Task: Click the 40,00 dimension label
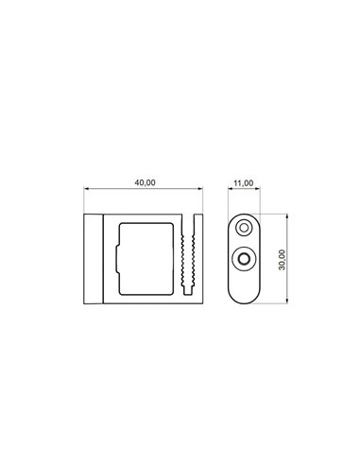pos(145,182)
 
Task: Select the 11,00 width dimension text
pos(244,183)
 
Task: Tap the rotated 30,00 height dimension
pos(282,260)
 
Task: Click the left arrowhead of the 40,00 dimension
pos(86,189)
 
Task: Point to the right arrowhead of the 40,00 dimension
pos(200,189)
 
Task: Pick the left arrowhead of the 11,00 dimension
pos(230,189)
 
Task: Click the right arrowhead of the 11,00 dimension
pos(258,189)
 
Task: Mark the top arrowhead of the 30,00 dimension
pos(287,216)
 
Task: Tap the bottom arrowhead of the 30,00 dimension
pos(287,301)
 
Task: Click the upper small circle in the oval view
pos(244,227)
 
